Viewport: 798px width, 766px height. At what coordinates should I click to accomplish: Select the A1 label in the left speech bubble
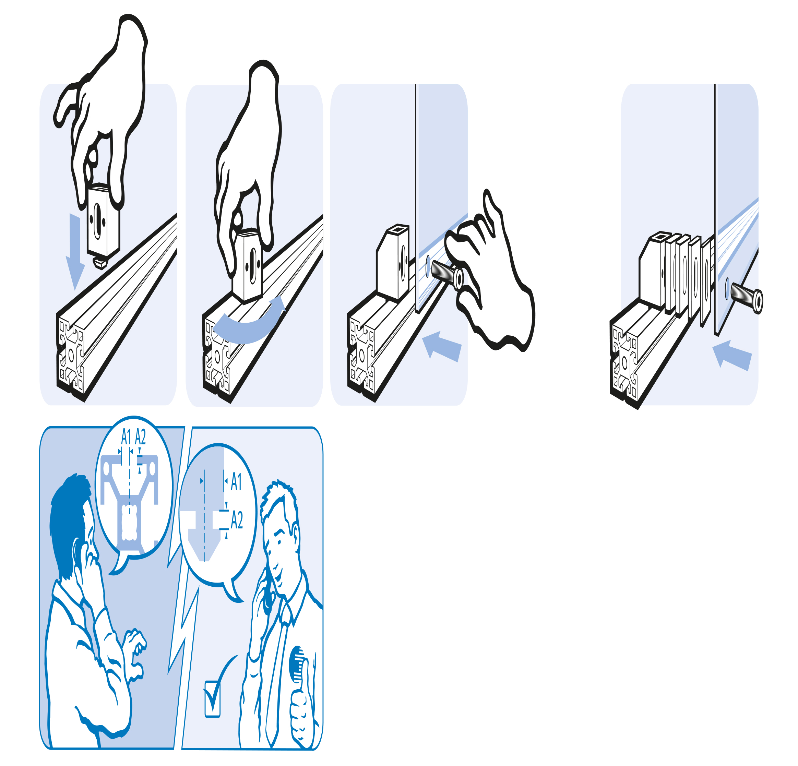click(126, 438)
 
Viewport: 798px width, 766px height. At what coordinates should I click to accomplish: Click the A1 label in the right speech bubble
click(236, 482)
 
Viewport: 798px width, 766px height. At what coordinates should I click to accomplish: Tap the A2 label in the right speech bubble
click(237, 520)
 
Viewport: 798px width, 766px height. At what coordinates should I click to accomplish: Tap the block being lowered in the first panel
click(103, 222)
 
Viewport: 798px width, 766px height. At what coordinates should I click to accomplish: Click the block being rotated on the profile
click(247, 265)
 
